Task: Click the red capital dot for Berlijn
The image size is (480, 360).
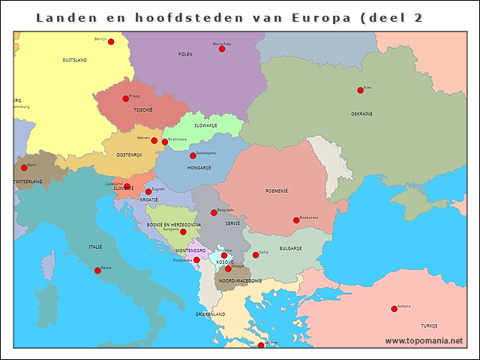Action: point(111,42)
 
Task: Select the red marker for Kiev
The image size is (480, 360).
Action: point(360,90)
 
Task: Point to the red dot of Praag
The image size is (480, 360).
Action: point(126,99)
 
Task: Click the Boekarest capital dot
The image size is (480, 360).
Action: point(296,220)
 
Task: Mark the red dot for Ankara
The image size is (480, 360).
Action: point(394,309)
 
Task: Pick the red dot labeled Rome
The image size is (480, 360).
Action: point(97,270)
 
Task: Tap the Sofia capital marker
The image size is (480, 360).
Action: point(256,255)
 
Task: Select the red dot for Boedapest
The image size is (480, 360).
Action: point(193,156)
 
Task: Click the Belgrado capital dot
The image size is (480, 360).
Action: point(214,213)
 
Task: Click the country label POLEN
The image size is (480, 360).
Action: point(185,55)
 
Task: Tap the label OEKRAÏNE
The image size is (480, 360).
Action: point(361,113)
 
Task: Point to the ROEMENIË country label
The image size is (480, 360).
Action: point(277,190)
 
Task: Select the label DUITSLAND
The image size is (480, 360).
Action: point(74,59)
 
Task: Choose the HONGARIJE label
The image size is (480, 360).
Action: point(199,168)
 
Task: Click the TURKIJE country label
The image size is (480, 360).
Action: point(428,326)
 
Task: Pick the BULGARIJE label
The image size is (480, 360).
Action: point(290,247)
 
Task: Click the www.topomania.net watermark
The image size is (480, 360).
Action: point(424,340)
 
